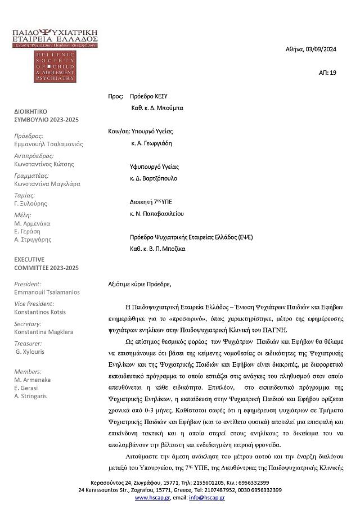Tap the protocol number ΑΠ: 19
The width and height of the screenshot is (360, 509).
pos(327,73)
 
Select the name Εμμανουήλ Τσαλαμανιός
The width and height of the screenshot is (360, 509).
pos(48,144)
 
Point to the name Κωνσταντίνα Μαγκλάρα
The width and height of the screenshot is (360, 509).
pos(47,183)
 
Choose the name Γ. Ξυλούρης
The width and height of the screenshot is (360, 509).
pos(31,203)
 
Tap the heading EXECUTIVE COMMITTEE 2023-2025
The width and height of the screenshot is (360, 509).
pos(46,264)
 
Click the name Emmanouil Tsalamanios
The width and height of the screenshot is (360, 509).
pos(47,292)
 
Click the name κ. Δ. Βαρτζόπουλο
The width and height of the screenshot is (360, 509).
pos(153,178)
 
